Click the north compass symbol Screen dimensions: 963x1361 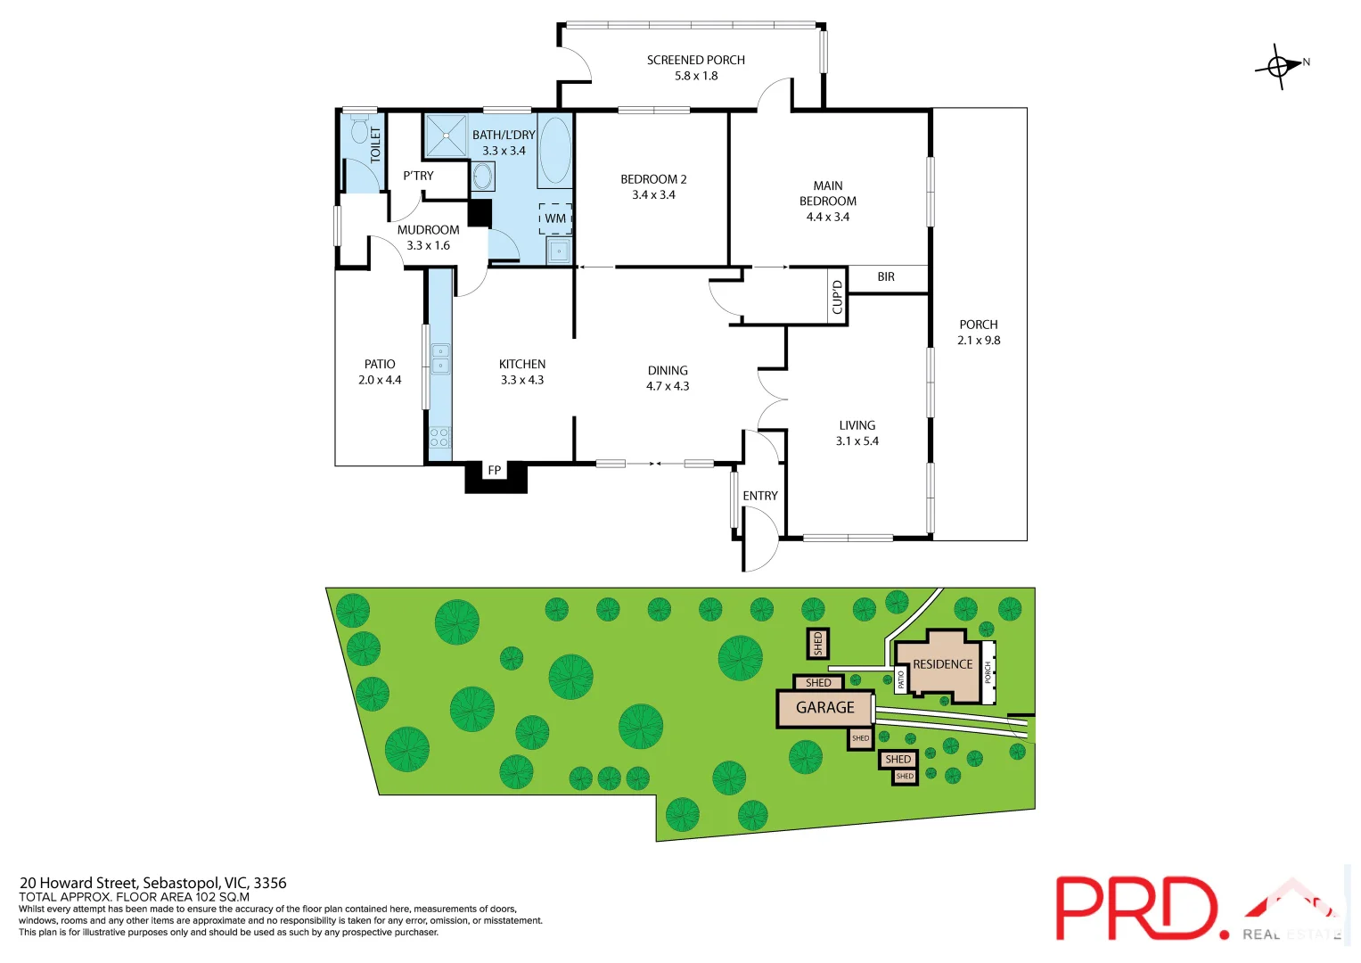pyautogui.click(x=1279, y=66)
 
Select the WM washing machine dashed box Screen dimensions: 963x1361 pyautogui.click(x=555, y=218)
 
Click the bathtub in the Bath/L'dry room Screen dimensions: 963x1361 pyautogui.click(x=554, y=150)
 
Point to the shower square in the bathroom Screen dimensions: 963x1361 pyautogui.click(x=445, y=136)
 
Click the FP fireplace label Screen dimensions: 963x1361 pyautogui.click(x=495, y=471)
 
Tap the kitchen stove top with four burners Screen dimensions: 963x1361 pyautogui.click(x=439, y=437)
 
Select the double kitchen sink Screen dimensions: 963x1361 pyautogui.click(x=440, y=358)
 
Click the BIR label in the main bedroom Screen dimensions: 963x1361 pyautogui.click(x=886, y=277)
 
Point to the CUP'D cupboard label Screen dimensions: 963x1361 pyautogui.click(x=837, y=297)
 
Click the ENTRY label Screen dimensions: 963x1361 pyautogui.click(x=760, y=496)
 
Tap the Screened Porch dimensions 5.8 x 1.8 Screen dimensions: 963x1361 pyautogui.click(x=696, y=77)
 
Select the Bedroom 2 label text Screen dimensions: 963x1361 pyautogui.click(x=653, y=179)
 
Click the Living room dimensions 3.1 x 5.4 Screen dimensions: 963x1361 pyautogui.click(x=857, y=441)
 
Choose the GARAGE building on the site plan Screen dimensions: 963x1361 pyautogui.click(x=825, y=708)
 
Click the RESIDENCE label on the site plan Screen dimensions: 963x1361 pyautogui.click(x=942, y=664)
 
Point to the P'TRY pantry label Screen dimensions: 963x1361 pyautogui.click(x=418, y=176)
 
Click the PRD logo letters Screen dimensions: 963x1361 pyautogui.click(x=1136, y=908)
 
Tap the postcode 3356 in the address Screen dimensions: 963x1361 pyautogui.click(x=270, y=883)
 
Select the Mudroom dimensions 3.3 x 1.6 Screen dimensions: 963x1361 pyautogui.click(x=428, y=246)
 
